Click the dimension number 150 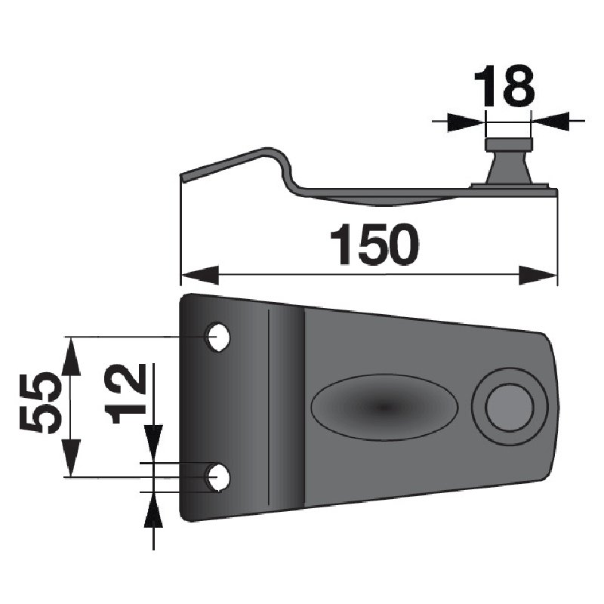click(x=374, y=244)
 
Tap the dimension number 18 click(x=504, y=86)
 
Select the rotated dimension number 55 click(x=41, y=402)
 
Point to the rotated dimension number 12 click(x=125, y=393)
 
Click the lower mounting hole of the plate click(x=217, y=477)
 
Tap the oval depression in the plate click(x=384, y=407)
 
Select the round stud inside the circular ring click(x=510, y=407)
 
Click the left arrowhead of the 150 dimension click(x=200, y=275)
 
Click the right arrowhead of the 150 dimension click(x=538, y=275)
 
